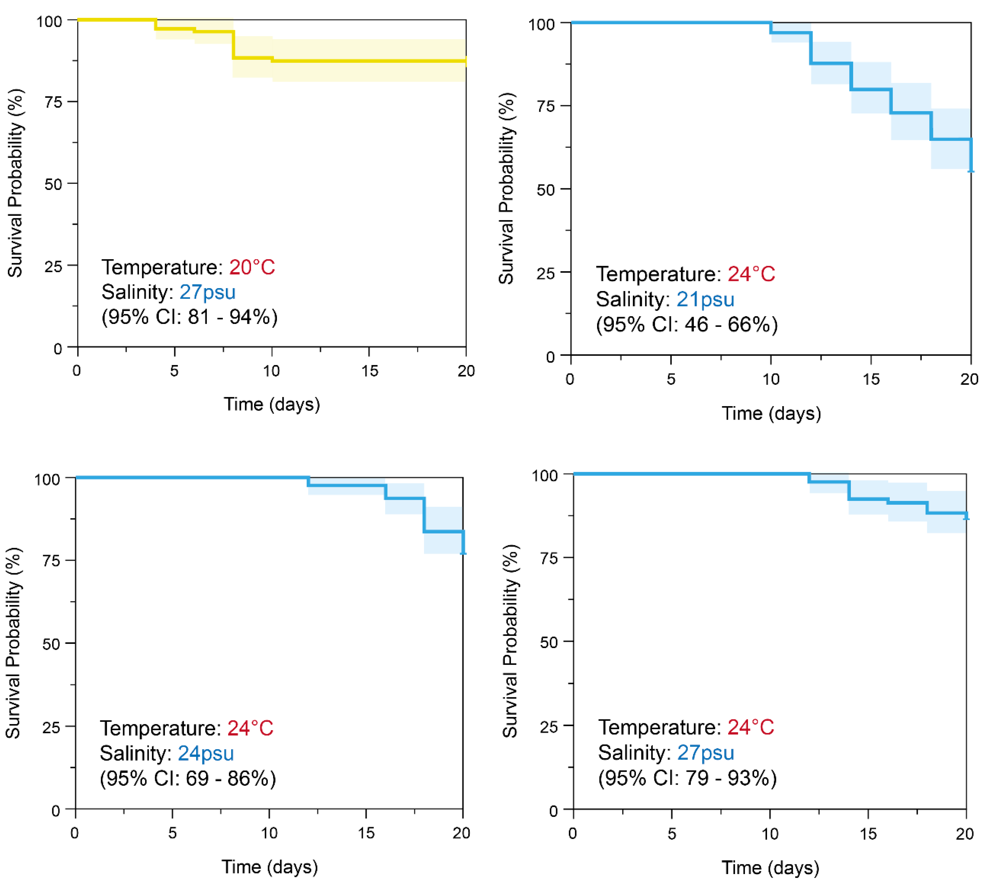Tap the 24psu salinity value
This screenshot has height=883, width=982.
205,753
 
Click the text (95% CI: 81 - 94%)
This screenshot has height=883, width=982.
189,317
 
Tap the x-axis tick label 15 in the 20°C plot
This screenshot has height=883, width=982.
369,371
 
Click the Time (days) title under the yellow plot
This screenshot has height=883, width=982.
271,404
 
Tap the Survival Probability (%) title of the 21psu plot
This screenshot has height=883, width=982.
506,188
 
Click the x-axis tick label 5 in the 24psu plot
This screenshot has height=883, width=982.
172,833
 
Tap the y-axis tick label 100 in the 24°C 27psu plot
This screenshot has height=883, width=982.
545,475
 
